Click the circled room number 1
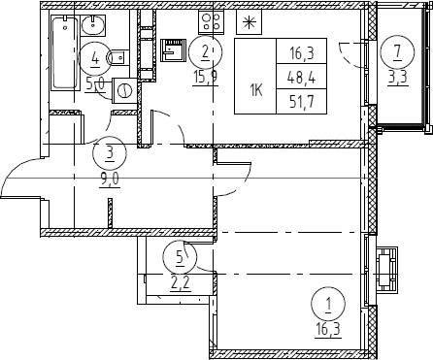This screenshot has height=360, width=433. tap(328, 304)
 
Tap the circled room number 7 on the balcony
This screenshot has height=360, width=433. tap(397, 51)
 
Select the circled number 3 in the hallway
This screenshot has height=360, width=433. tap(110, 152)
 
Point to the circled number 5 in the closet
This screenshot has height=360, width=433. tap(180, 257)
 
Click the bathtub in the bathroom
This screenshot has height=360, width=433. tap(65, 53)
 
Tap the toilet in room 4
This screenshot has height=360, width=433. tap(118, 58)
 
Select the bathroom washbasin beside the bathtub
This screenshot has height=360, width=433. tap(93, 26)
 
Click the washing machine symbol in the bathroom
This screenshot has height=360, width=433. tap(124, 90)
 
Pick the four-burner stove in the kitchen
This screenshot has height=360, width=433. tap(211, 21)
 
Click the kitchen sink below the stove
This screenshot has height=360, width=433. tap(174, 49)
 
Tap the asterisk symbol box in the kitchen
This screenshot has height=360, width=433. tap(249, 22)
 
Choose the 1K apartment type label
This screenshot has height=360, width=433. tap(255, 91)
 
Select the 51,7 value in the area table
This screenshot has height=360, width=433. tap(302, 102)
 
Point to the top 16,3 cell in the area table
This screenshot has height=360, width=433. tap(302, 53)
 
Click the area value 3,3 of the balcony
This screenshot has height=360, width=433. tap(398, 78)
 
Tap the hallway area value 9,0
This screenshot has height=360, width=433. tap(111, 180)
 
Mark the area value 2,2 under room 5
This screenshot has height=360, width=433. tap(180, 284)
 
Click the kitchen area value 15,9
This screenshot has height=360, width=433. tap(205, 78)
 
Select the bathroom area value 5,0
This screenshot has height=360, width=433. tap(95, 85)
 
